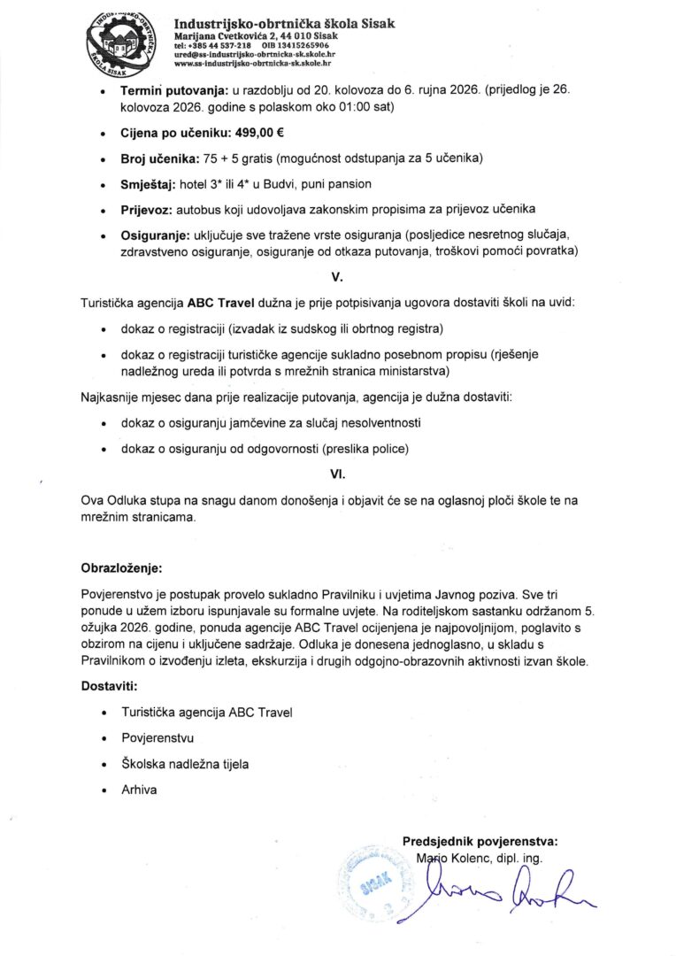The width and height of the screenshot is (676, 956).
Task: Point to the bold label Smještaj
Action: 148,184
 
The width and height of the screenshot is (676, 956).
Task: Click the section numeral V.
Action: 336,277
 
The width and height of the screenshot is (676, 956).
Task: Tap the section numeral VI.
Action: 336,474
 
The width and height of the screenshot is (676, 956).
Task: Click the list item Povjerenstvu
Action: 157,736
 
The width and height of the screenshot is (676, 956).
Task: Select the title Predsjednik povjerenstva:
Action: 480,841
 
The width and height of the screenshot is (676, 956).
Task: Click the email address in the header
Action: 255,55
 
